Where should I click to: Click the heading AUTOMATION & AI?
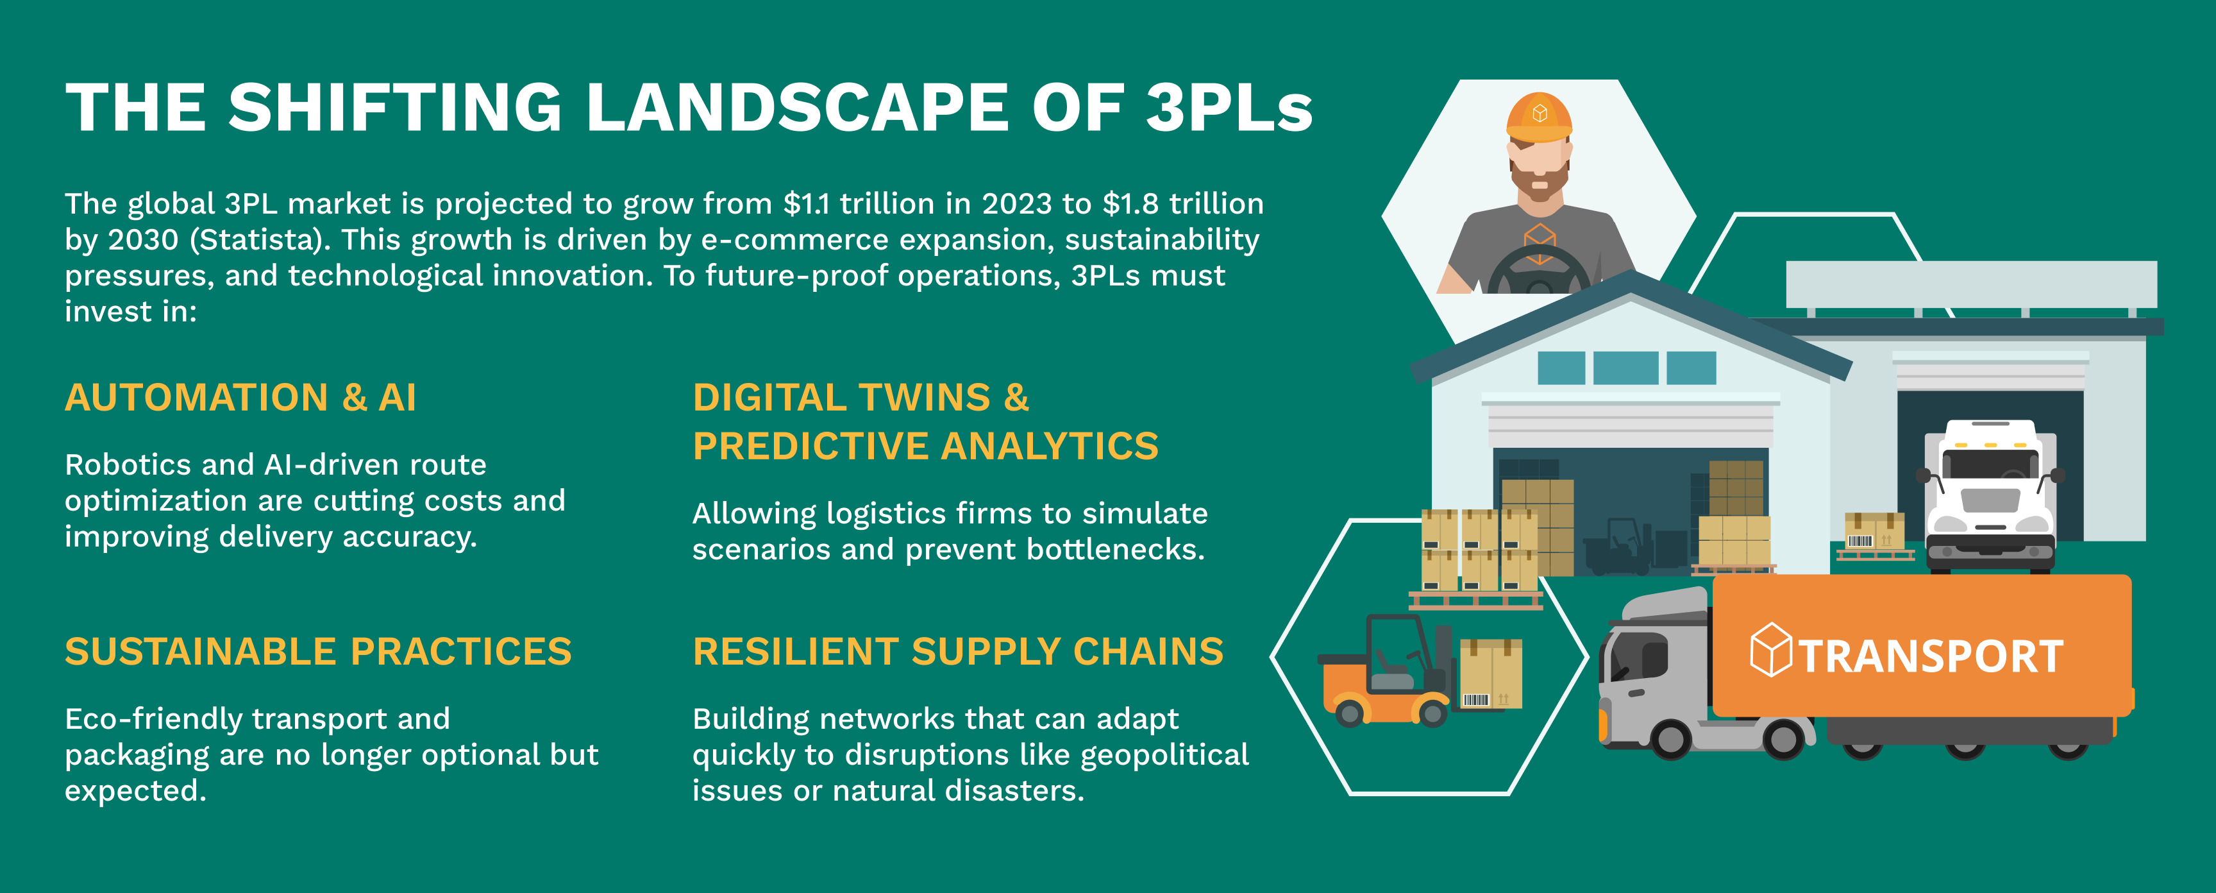pyautogui.click(x=241, y=398)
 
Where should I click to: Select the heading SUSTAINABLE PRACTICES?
pyautogui.click(x=318, y=651)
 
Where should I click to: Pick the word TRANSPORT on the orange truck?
pyautogui.click(x=1931, y=656)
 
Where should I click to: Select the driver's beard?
pyautogui.click(x=1539, y=182)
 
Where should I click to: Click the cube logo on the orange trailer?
pyautogui.click(x=1771, y=649)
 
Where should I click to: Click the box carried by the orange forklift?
pyautogui.click(x=1491, y=674)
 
